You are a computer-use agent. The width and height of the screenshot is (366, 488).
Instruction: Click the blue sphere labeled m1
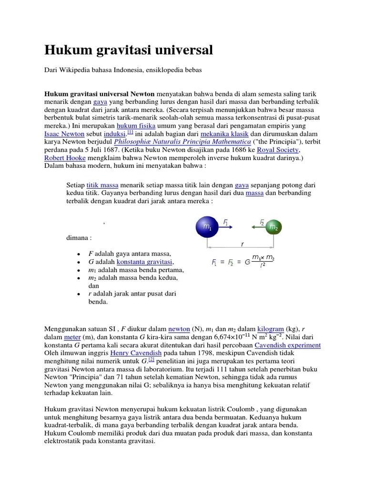pos(207,227)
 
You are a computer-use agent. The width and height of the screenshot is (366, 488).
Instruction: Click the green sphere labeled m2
pos(273,227)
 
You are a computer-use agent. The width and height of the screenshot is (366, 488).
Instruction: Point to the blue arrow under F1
pos(226,227)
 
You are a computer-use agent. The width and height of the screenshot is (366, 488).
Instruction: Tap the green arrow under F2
pos(258,227)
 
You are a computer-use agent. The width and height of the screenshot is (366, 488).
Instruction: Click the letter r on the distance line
pos(242,244)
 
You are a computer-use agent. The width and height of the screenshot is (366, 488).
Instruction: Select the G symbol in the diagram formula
pos(247,262)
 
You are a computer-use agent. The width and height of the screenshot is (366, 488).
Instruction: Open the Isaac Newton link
pos(64,134)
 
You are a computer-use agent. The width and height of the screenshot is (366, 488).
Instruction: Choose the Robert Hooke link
pos(65,158)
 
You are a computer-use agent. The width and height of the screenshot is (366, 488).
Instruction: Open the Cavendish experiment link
pos(287,345)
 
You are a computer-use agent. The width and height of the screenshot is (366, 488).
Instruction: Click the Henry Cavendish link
pos(136,353)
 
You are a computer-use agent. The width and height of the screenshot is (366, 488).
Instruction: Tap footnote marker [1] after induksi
pos(130,132)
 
